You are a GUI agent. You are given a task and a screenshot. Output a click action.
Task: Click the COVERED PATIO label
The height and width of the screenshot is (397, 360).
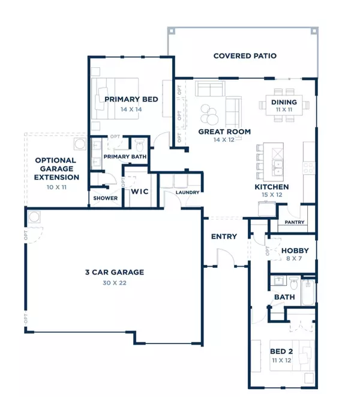pyautogui.click(x=245, y=56)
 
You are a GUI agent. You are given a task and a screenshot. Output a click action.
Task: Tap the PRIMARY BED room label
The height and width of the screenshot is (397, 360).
pyautogui.click(x=131, y=99)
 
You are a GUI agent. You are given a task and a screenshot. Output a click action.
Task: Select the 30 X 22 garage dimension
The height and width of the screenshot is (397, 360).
pyautogui.click(x=114, y=282)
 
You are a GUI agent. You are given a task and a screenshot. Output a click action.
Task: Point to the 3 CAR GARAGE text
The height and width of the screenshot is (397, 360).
pyautogui.click(x=114, y=272)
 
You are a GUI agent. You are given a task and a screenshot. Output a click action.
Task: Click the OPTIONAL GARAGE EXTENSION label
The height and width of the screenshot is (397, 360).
pyautogui.click(x=55, y=169)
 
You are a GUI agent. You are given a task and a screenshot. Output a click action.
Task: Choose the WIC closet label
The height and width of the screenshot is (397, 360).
pyautogui.click(x=140, y=192)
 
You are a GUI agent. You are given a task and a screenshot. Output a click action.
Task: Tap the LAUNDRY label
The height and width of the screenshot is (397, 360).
pyautogui.click(x=187, y=193)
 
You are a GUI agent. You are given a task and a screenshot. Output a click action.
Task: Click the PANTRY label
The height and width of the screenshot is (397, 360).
pyautogui.click(x=295, y=222)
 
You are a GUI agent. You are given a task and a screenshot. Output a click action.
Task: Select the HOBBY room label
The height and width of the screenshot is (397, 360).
pyautogui.click(x=295, y=250)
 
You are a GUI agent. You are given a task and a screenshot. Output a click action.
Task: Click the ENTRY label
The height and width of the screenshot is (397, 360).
pyautogui.click(x=224, y=237)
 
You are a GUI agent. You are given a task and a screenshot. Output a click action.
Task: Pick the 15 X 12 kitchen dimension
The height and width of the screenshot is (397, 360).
pyautogui.click(x=271, y=195)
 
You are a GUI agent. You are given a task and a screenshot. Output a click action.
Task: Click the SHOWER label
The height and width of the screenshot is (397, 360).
pyautogui.click(x=105, y=198)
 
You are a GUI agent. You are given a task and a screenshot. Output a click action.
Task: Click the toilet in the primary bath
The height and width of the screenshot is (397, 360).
pyautogui.click(x=139, y=146)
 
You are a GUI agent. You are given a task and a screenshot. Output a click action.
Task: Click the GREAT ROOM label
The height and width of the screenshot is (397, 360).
pyautogui.click(x=224, y=132)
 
